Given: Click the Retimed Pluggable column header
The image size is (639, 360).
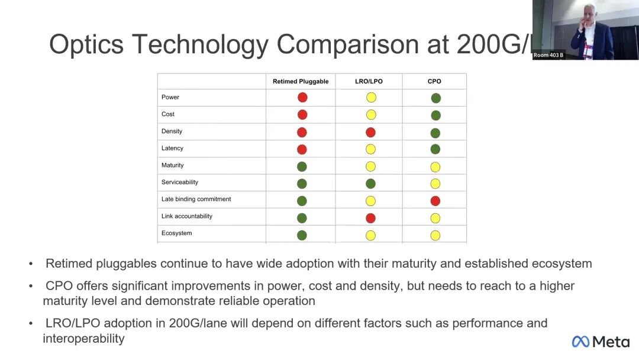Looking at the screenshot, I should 301,81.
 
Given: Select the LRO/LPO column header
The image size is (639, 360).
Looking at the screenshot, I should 369,81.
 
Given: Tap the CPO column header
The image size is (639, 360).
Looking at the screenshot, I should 434,81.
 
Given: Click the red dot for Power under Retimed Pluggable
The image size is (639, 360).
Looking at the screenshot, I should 302,98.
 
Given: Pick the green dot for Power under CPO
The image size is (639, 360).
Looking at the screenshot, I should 435,98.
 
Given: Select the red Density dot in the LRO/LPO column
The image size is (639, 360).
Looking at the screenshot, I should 370,132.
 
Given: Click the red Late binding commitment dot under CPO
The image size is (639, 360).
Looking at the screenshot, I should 435,201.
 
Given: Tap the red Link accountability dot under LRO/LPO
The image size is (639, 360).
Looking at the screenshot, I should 370,218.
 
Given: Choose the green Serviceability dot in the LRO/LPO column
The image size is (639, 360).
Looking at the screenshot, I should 370,184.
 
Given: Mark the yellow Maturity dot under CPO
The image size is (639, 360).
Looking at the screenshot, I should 435,167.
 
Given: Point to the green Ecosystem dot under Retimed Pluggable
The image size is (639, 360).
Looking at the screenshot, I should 302,235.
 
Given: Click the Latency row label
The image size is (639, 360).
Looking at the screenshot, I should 172,148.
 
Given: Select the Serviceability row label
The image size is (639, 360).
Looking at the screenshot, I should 180,182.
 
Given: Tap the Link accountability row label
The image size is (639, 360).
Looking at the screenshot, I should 187,216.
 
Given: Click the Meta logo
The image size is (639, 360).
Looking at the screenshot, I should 600,342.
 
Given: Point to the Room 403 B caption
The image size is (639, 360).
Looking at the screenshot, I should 548,55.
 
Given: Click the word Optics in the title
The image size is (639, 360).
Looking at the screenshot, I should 86,44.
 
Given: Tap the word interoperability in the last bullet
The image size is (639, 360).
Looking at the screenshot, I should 83,339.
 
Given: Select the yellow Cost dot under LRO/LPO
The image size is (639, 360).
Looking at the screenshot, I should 371,115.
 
